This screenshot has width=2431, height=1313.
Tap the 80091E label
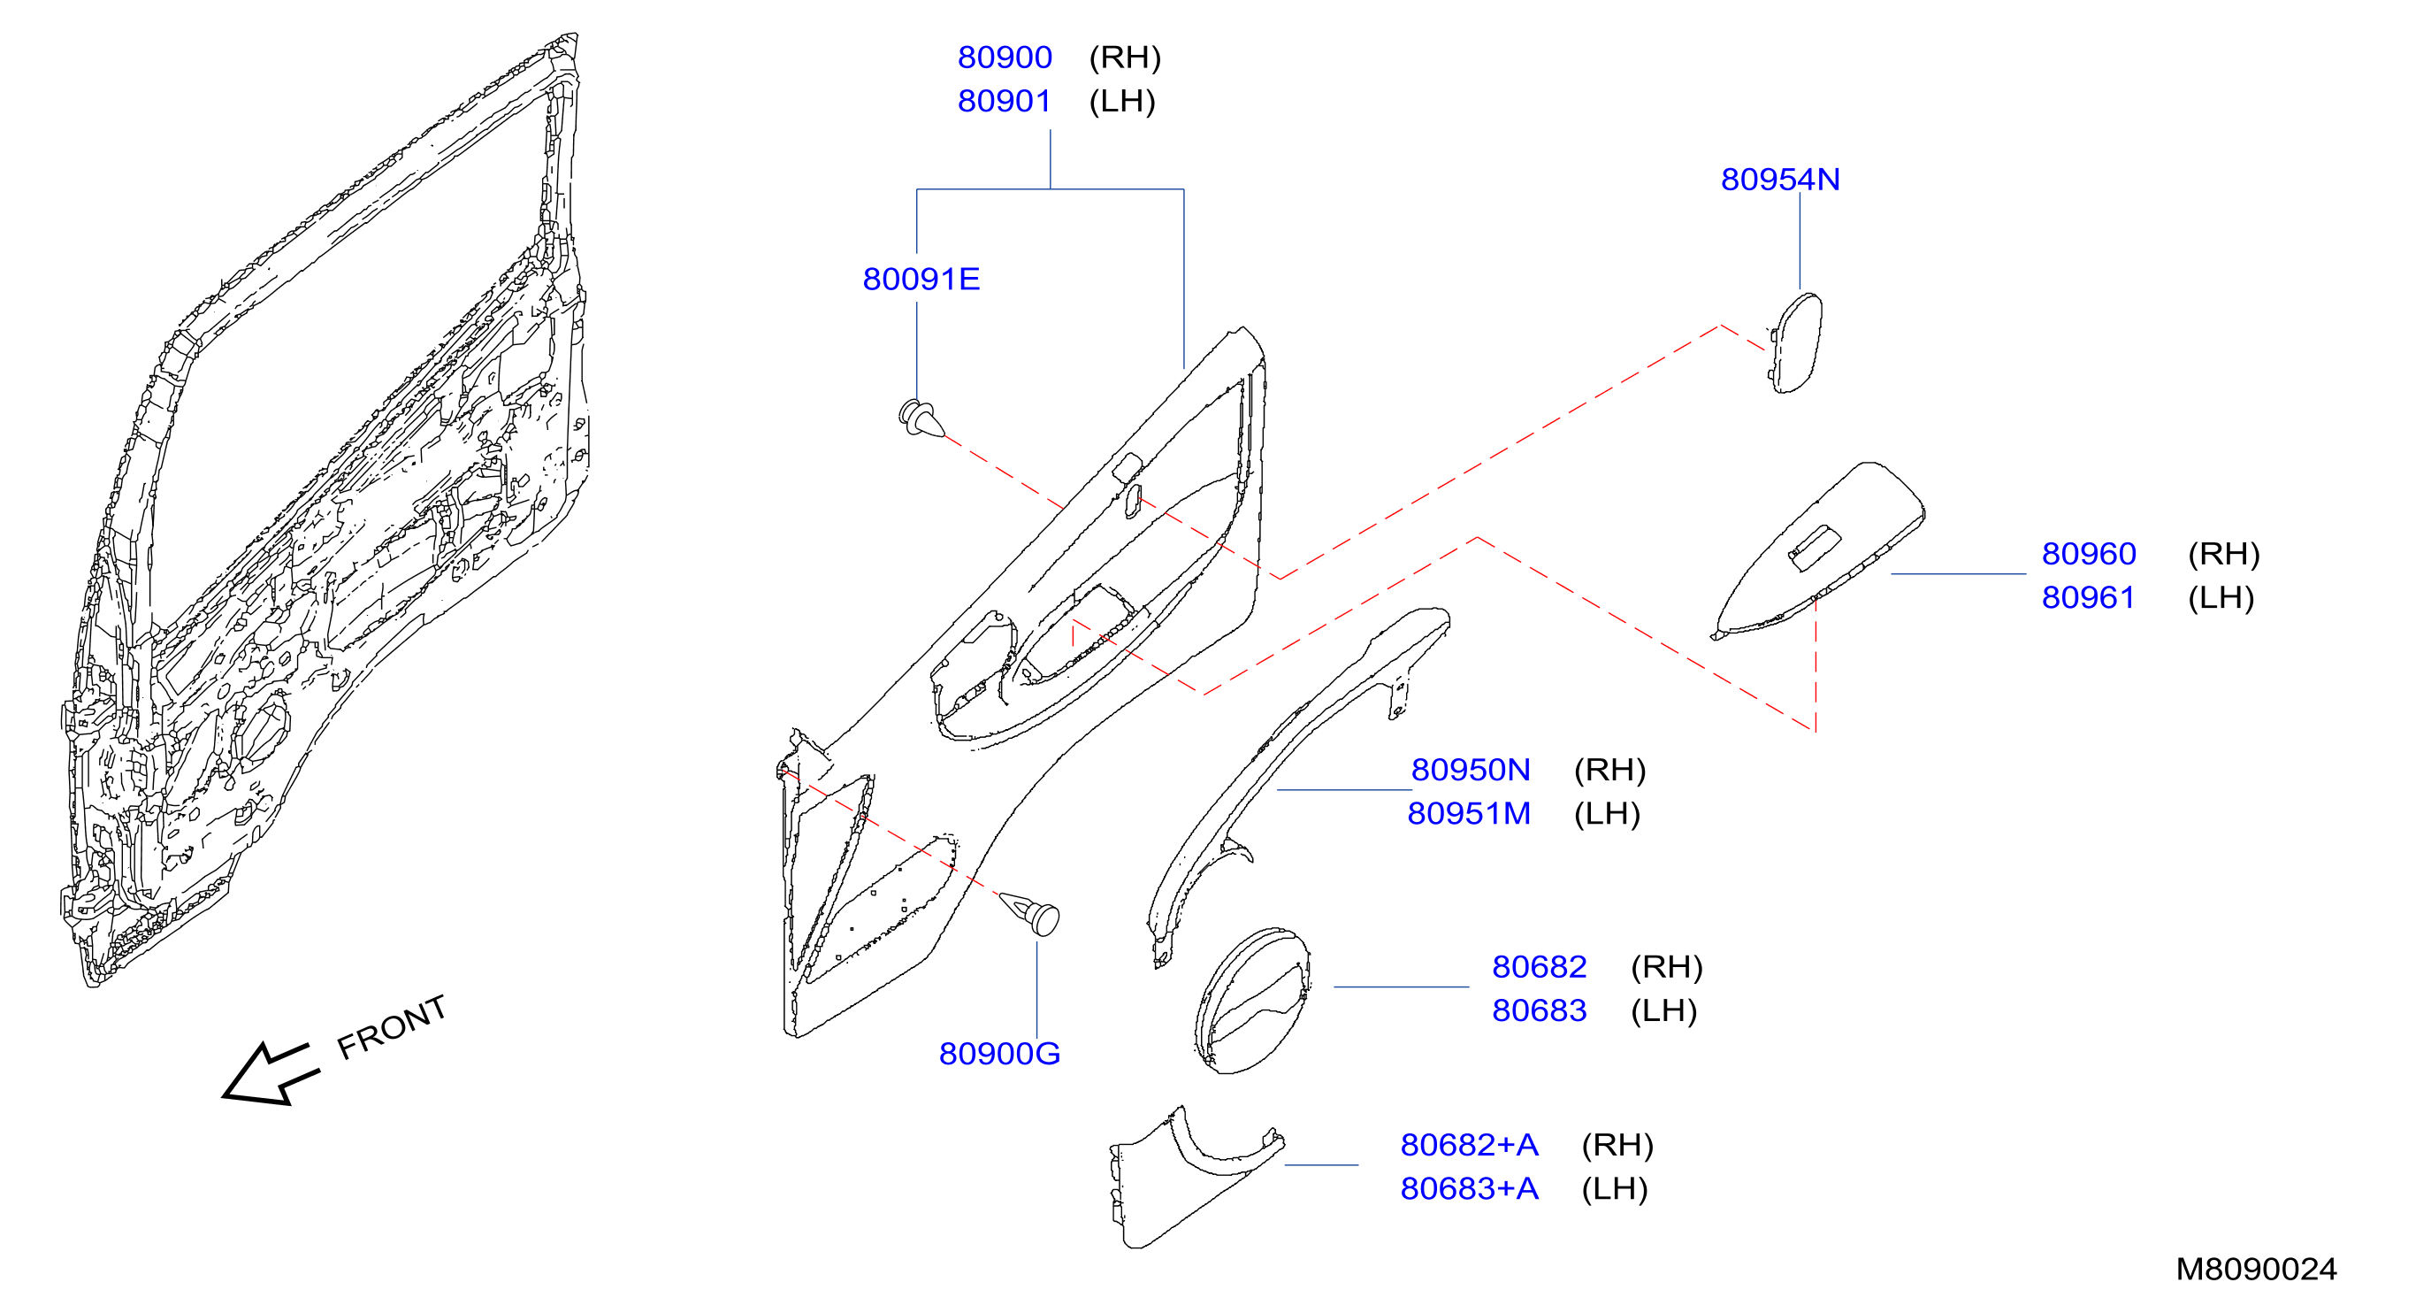921,280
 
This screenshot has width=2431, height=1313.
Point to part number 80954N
1780,180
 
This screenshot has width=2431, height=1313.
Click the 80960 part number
2089,554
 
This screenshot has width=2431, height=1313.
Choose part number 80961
2089,597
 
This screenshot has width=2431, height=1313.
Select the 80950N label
1471,771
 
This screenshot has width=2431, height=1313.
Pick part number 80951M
1468,814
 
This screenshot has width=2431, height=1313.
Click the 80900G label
999,1054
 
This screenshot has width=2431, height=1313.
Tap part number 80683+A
1470,1188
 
